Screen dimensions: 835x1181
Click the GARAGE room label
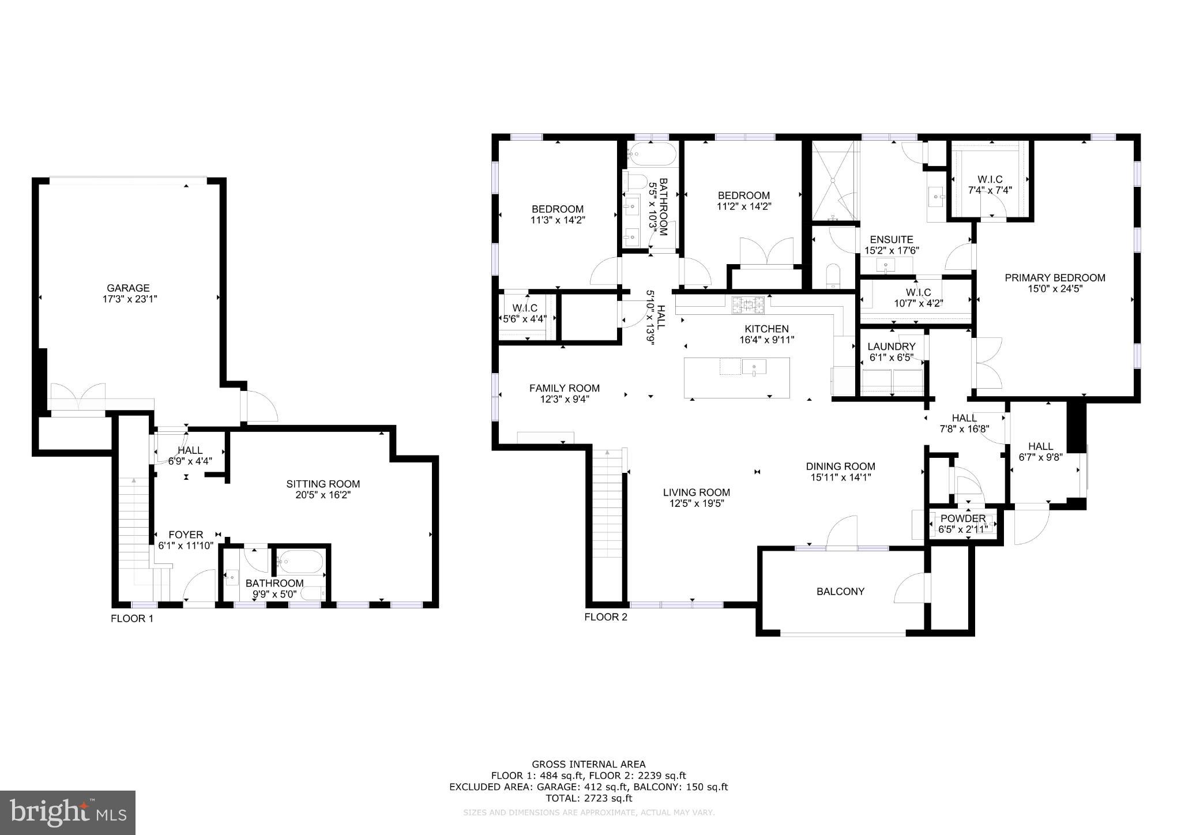tap(128, 288)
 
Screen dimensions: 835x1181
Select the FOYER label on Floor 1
tap(186, 535)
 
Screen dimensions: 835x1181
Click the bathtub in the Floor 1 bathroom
tap(300, 561)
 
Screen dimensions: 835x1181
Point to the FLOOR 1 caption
tap(132, 619)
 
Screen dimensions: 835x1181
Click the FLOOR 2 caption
tap(605, 617)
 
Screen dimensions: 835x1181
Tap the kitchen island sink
tap(754, 367)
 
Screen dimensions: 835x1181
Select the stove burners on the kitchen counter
tap(748, 305)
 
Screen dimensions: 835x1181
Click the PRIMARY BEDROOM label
tap(1055, 278)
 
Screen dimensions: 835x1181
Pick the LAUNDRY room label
tap(891, 347)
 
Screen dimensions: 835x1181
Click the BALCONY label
tap(840, 591)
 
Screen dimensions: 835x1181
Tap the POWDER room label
tap(962, 518)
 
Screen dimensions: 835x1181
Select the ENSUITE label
tap(891, 239)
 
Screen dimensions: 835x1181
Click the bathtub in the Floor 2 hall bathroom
tap(652, 154)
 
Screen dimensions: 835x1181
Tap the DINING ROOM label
tap(840, 466)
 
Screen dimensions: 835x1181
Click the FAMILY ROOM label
tap(564, 388)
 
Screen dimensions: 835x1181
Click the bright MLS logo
tap(67, 813)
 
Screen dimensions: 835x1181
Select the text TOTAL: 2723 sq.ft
tap(589, 798)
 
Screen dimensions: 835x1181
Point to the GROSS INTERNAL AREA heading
tap(588, 765)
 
